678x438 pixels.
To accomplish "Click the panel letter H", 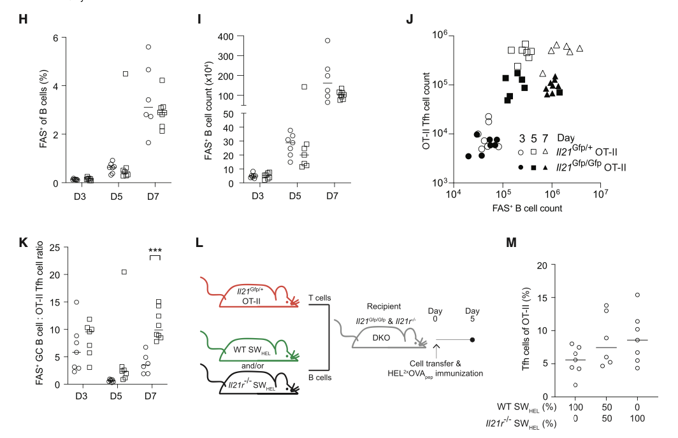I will pyautogui.click(x=24, y=19).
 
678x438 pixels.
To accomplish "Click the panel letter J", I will pyautogui.click(x=410, y=19).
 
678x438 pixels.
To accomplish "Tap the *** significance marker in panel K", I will pyautogui.click(x=156, y=250).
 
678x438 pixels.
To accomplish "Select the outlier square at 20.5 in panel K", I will pyautogui.click(x=125, y=272).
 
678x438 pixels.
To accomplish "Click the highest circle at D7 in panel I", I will pyautogui.click(x=327, y=41).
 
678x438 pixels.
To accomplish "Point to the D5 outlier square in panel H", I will pyautogui.click(x=126, y=74).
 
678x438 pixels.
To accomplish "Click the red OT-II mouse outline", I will pyautogui.click(x=255, y=294).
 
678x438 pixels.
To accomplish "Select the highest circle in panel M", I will pyautogui.click(x=637, y=295).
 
